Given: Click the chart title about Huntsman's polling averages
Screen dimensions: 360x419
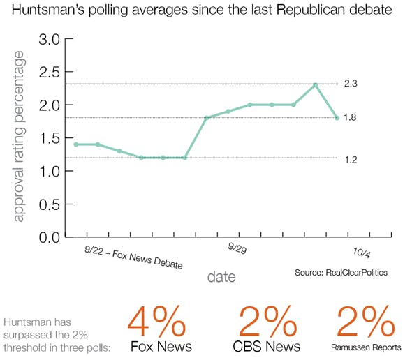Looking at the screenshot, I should (209, 12).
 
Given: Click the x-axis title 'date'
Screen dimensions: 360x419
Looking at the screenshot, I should (221, 277).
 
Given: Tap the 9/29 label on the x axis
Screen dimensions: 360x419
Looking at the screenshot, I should (237, 248).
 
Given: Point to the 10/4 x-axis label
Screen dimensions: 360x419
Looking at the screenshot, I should (361, 253).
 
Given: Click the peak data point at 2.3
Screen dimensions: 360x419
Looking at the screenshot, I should (316, 85).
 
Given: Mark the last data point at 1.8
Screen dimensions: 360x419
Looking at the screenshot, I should (337, 118).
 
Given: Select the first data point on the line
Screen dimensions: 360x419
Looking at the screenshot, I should (76, 144).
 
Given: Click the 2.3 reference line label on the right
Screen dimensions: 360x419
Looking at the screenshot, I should (351, 84).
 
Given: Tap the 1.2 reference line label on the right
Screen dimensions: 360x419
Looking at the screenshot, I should (351, 160).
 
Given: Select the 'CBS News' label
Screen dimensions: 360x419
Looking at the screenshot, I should (267, 347).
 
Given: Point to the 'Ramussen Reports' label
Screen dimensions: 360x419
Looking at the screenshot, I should (366, 347).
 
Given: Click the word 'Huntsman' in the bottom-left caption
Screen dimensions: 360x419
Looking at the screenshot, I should (25, 322).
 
